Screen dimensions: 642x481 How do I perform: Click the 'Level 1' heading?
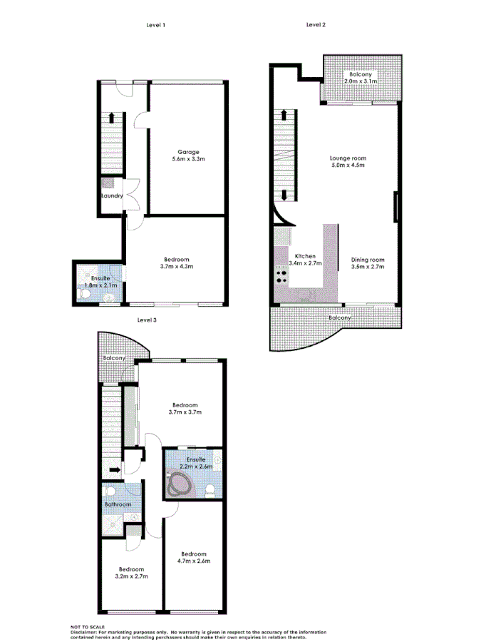156,25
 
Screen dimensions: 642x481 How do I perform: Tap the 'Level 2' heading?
316,25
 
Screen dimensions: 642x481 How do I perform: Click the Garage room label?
188,151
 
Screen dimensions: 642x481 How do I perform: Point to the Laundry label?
113,196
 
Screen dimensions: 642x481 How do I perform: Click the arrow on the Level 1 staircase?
112,118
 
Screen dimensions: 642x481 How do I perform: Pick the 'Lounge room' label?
348,158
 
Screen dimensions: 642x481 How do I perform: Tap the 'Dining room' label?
368,260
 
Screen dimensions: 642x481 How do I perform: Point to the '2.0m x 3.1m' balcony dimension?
360,82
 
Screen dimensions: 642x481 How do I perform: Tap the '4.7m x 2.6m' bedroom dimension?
194,561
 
